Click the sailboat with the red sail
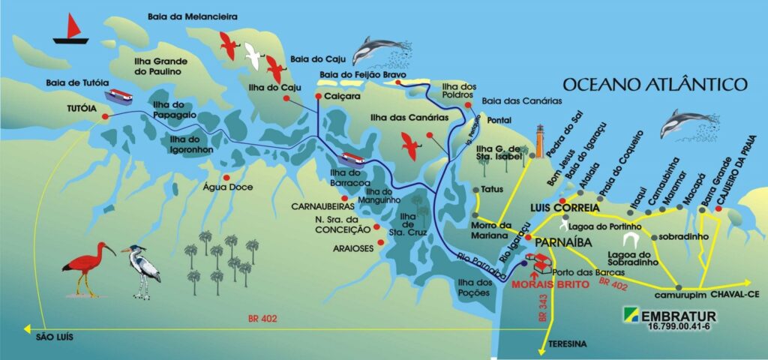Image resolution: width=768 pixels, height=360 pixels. [71, 30]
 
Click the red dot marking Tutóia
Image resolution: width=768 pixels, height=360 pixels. [105, 117]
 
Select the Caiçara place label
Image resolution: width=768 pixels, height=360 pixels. [344, 97]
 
